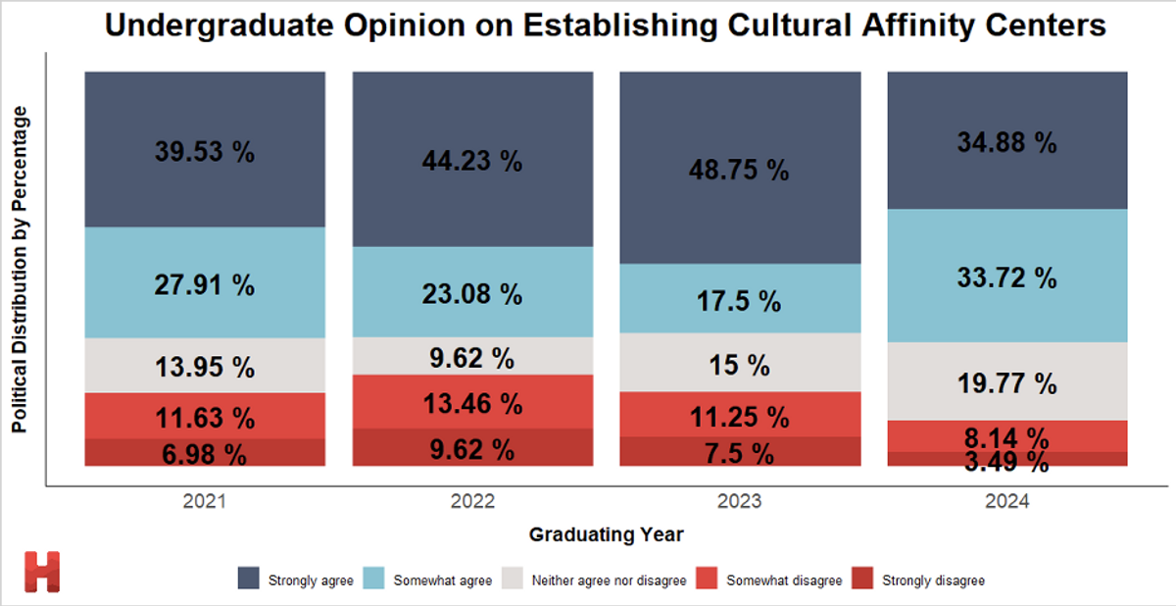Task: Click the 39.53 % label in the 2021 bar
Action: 204,152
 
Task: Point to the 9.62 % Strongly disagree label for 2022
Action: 472,450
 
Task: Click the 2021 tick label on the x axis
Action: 204,501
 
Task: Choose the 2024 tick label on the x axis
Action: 1007,501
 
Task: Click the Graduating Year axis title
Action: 606,534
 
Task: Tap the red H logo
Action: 42,572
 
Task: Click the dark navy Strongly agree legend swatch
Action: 249,580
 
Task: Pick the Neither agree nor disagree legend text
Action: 610,581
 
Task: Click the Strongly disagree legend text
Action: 933,581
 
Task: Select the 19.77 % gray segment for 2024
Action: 1007,382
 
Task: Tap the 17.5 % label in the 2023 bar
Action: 740,301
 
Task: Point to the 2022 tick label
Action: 472,501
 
